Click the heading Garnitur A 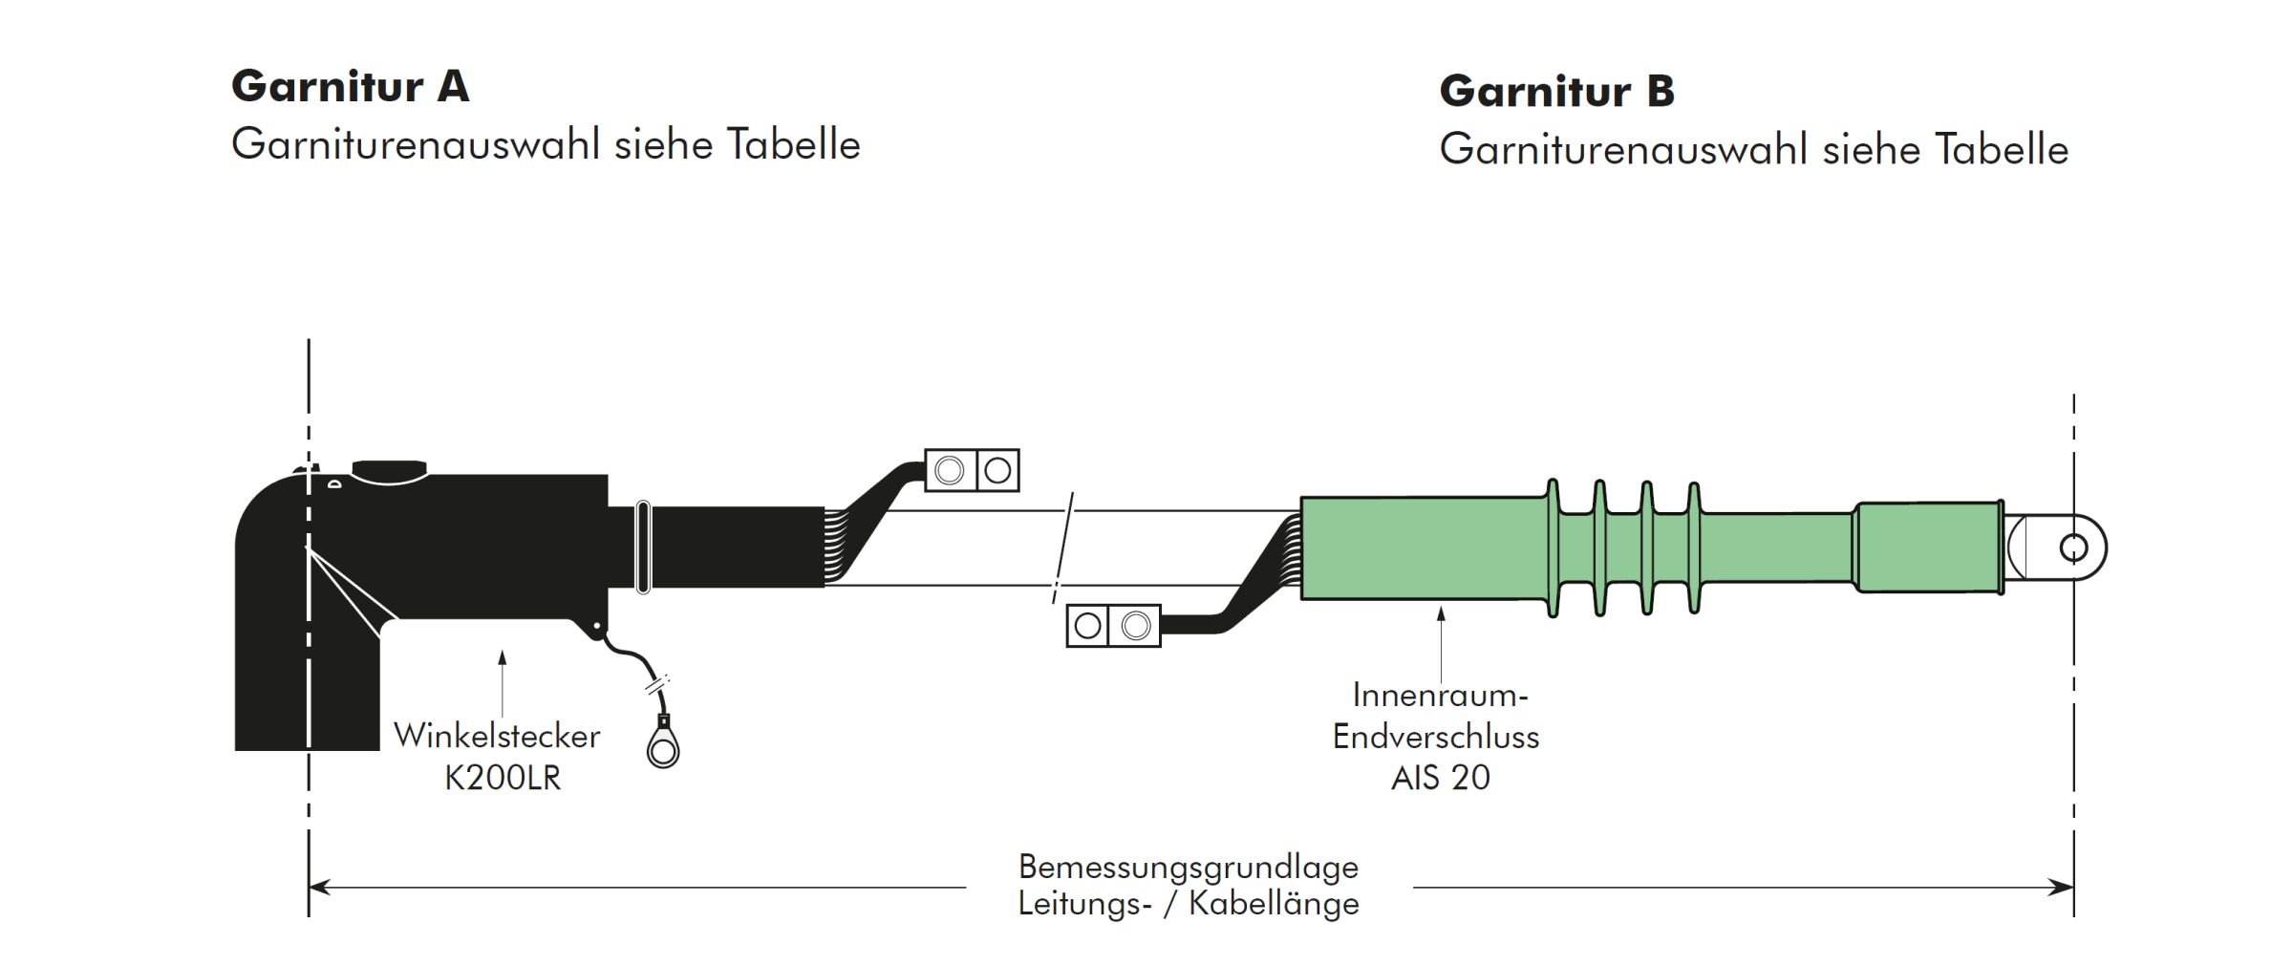(350, 86)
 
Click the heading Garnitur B (1556, 91)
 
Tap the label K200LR (503, 778)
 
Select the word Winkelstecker (497, 736)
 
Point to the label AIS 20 (1440, 778)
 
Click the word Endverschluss (1436, 737)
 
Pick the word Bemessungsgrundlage (1188, 867)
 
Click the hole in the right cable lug (2072, 548)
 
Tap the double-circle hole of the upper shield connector (949, 470)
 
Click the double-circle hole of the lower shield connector (1135, 626)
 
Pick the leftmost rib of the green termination (1553, 547)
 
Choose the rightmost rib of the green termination (1693, 547)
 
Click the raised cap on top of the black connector (390, 471)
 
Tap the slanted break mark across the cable (1063, 548)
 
